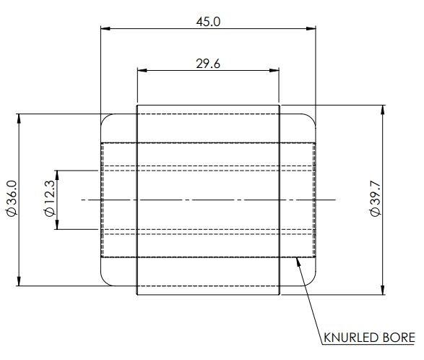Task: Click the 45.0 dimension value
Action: click(208, 22)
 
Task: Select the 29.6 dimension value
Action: click(208, 64)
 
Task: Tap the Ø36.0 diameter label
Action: click(12, 198)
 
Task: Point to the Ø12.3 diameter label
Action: click(50, 198)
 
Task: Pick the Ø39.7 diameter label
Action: click(376, 199)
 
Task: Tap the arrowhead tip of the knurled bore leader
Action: click(297, 257)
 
